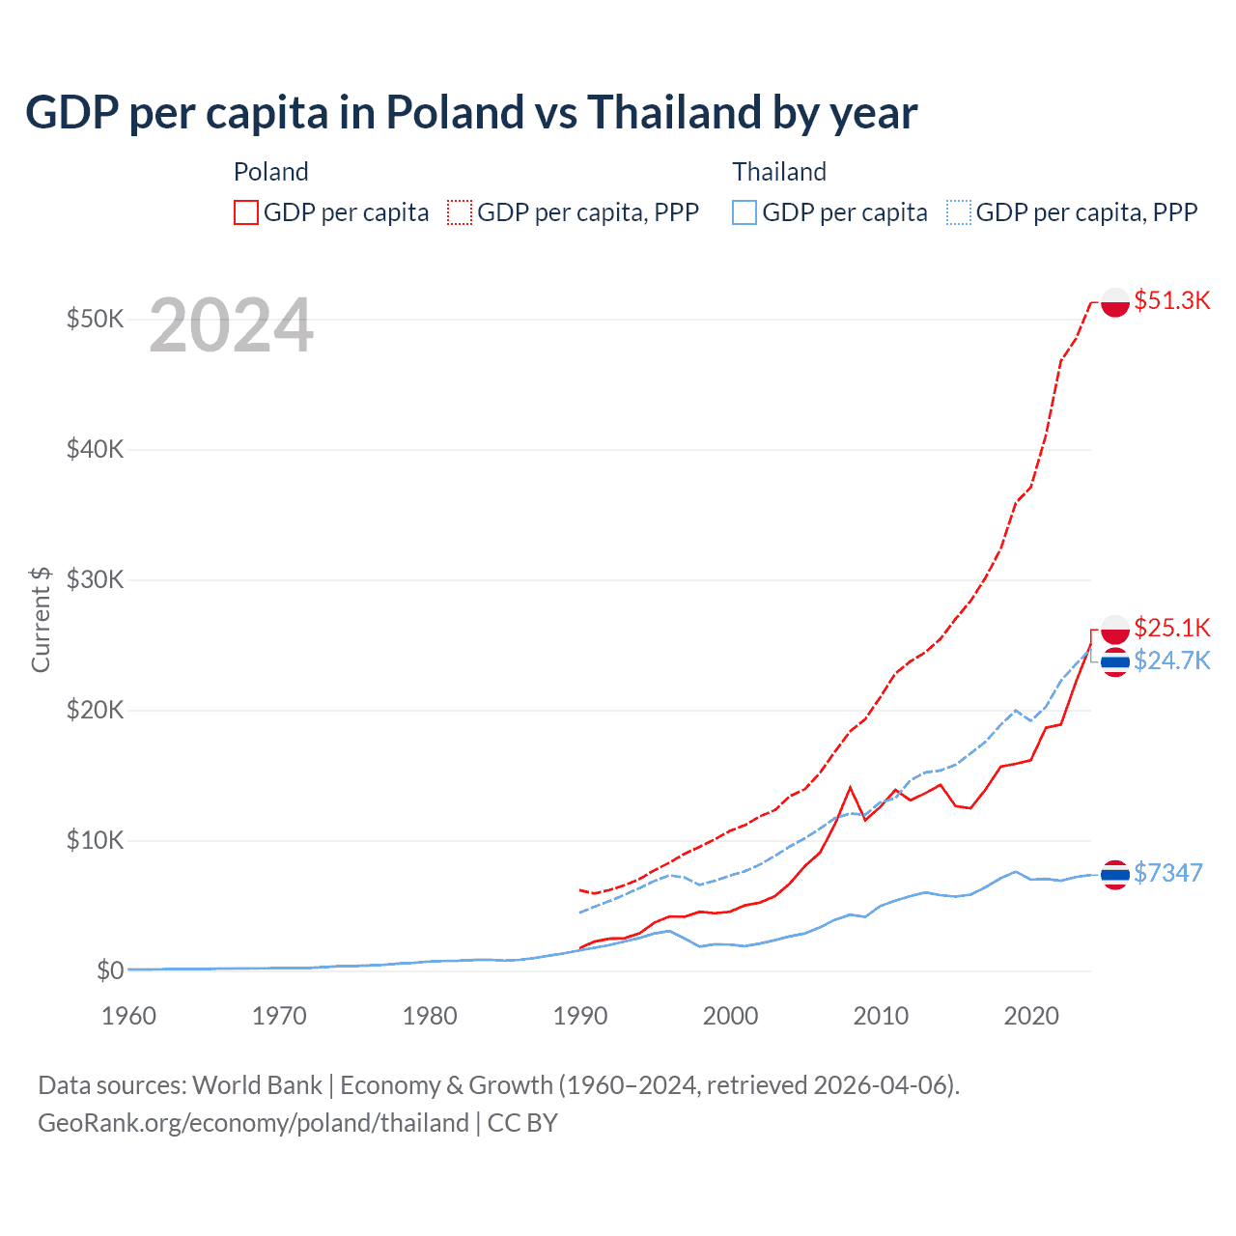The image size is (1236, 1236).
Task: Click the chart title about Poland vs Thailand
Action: click(x=471, y=113)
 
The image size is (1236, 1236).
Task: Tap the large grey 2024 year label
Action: click(x=231, y=326)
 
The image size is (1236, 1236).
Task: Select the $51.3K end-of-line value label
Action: click(x=1171, y=300)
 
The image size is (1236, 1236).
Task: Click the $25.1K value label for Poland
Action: click(x=1171, y=628)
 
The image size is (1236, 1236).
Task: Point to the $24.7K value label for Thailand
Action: click(x=1171, y=660)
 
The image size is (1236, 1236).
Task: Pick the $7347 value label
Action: click(x=1167, y=873)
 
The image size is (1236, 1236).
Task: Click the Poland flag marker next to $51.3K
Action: click(x=1115, y=302)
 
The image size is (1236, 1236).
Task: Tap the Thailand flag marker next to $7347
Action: click(x=1115, y=874)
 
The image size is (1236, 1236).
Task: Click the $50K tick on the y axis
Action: click(x=95, y=319)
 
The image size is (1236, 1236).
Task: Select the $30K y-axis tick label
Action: click(x=95, y=579)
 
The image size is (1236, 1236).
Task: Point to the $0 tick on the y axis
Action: click(x=110, y=970)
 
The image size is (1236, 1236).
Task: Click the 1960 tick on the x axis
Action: click(x=128, y=1016)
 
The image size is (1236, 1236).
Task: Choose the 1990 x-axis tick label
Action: click(x=580, y=1016)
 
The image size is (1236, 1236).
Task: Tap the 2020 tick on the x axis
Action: click(x=1031, y=1016)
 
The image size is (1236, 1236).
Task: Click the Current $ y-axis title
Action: click(x=41, y=619)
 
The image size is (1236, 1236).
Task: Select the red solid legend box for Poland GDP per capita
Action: click(x=246, y=212)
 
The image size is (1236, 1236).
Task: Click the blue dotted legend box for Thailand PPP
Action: click(x=959, y=212)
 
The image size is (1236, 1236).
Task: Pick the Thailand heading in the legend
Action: click(x=779, y=172)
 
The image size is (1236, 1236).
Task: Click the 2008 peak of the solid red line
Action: click(x=850, y=788)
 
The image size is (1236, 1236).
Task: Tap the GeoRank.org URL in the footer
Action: click(x=253, y=1123)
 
